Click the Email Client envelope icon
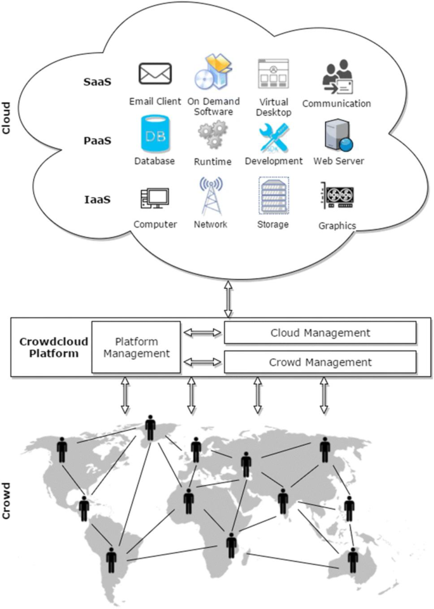pyautogui.click(x=155, y=74)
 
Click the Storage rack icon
pyautogui.click(x=273, y=196)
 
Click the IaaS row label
pyautogui.click(x=98, y=200)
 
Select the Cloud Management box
pyautogui.click(x=320, y=332)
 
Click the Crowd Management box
pyautogui.click(x=320, y=362)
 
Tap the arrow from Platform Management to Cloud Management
pyautogui.click(x=202, y=332)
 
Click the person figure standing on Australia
pyautogui.click(x=353, y=560)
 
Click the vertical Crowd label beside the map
pyautogui.click(x=8, y=501)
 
